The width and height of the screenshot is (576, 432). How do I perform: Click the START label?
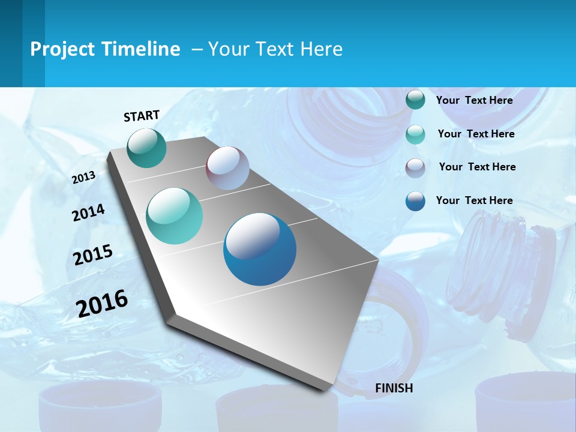click(x=142, y=115)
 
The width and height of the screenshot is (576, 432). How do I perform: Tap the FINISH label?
click(x=394, y=388)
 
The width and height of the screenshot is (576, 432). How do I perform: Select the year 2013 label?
click(x=83, y=178)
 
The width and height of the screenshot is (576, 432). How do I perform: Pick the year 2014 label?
click(x=88, y=212)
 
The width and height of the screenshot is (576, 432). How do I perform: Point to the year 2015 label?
click(x=93, y=255)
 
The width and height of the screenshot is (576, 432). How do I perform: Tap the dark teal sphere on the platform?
click(x=147, y=148)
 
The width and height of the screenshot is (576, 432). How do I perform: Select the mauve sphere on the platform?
click(x=227, y=168)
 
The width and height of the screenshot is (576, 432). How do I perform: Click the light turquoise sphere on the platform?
click(x=175, y=216)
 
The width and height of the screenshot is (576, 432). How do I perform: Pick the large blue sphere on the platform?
click(x=260, y=249)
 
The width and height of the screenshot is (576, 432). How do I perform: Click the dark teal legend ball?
click(x=415, y=100)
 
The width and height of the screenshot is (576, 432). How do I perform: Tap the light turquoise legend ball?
click(x=415, y=134)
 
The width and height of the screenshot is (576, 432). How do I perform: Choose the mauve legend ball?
click(x=415, y=167)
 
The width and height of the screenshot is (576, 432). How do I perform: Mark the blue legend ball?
click(x=415, y=201)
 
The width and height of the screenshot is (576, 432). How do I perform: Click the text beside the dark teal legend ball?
click(x=474, y=100)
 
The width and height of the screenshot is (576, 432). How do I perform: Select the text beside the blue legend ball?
click(x=474, y=200)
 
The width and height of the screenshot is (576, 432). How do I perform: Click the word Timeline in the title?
click(x=142, y=49)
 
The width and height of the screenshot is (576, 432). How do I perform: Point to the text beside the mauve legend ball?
click(x=477, y=167)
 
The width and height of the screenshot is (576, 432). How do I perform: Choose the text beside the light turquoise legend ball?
click(x=476, y=134)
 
